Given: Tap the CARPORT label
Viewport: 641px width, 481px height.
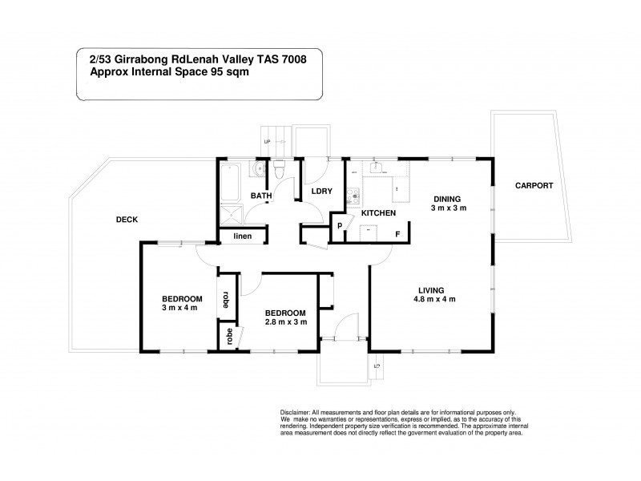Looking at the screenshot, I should pyautogui.click(x=534, y=185).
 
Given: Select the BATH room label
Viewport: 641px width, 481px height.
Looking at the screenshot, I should pyautogui.click(x=261, y=195).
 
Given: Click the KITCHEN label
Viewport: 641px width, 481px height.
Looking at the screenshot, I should pyautogui.click(x=378, y=213).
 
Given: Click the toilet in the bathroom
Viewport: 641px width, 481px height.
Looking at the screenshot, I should pyautogui.click(x=280, y=169).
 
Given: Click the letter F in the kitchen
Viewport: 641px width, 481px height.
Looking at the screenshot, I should pyautogui.click(x=396, y=234).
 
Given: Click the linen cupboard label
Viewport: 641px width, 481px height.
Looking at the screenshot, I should pyautogui.click(x=242, y=236).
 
